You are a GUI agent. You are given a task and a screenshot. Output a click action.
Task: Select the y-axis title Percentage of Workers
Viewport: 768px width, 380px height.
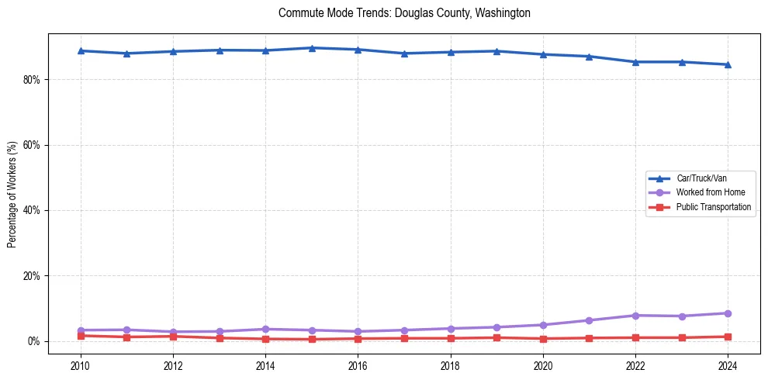12,194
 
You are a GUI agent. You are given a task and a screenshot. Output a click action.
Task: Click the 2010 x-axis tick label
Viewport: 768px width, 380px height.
81,364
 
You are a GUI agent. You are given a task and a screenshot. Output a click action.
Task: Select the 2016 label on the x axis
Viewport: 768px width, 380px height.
358,364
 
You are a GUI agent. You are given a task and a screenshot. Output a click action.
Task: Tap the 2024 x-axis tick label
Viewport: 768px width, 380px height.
728,364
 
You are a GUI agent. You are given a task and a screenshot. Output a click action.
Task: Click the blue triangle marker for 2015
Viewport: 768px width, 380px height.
312,48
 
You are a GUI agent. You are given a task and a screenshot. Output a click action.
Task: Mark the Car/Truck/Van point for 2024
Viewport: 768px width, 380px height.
728,64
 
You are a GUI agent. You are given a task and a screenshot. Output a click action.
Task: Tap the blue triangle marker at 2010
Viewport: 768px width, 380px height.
81,50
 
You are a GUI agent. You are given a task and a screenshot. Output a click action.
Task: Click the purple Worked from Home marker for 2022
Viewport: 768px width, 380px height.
635,316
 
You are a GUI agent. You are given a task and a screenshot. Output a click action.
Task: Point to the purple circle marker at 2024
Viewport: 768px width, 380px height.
728,313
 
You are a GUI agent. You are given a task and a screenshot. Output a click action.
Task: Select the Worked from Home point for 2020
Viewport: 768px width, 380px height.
543,325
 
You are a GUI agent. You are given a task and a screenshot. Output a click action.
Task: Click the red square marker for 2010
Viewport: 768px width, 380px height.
81,336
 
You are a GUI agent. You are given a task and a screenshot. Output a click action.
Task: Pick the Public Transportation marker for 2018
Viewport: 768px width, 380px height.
451,338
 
